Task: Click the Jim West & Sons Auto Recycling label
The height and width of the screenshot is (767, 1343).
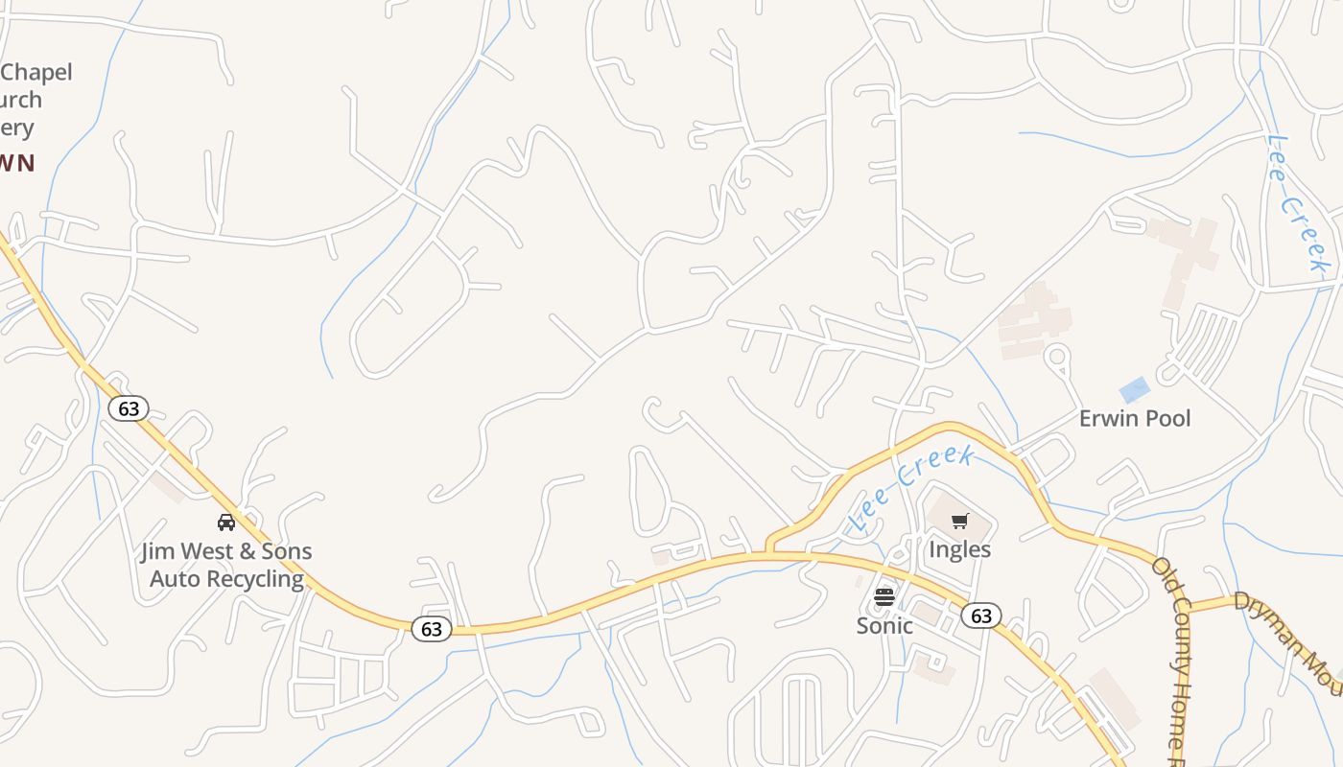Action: (226, 565)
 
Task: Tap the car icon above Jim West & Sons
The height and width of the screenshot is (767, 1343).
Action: (226, 523)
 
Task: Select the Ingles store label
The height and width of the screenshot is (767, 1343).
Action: (959, 549)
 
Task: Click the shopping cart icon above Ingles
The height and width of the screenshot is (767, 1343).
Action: (960, 522)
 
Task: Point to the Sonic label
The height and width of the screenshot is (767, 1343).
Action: (884, 625)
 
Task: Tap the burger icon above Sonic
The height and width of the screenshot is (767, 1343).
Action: (884, 597)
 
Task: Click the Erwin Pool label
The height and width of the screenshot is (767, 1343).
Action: (1135, 418)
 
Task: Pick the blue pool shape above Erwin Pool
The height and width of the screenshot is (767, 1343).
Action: (1135, 390)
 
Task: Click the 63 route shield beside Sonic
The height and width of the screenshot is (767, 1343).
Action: (981, 616)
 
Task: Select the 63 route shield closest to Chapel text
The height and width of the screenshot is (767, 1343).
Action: (129, 408)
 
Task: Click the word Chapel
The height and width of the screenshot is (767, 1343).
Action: (36, 72)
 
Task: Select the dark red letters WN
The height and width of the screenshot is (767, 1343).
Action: (16, 163)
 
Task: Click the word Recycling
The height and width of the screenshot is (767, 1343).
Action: (255, 579)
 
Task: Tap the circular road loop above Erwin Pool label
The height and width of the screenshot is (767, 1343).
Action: (1057, 357)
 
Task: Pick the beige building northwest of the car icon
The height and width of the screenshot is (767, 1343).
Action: (168, 486)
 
